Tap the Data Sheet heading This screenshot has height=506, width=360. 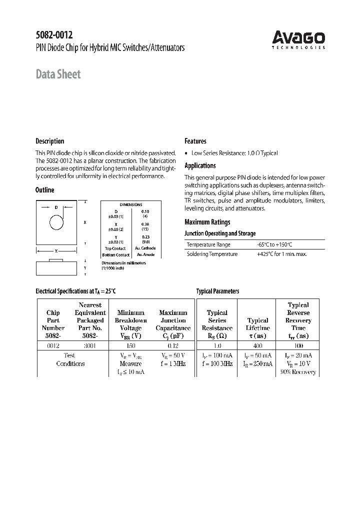(58, 74)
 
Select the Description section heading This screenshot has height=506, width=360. (50, 141)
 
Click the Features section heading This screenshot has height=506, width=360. (195, 141)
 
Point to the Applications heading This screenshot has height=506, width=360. (200, 165)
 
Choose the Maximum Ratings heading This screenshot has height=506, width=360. (207, 222)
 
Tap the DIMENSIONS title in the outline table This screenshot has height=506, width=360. (130, 204)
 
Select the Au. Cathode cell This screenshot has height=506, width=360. (145, 248)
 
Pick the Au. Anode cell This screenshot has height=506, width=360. (145, 255)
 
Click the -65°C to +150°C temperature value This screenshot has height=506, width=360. (274, 244)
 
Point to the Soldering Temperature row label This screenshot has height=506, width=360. (212, 254)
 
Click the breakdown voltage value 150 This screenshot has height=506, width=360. (130, 345)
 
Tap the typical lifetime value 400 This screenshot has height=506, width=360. (257, 345)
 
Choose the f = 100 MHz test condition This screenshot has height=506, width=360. (217, 363)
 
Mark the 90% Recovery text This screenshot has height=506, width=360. (298, 372)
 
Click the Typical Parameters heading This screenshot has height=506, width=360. (217, 291)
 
